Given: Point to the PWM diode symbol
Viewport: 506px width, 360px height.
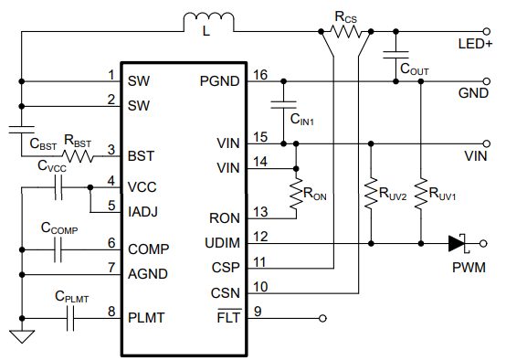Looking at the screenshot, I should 458,243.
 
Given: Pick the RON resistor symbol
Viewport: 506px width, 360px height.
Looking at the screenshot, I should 296,194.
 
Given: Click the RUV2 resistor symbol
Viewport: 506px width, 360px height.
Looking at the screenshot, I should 371,193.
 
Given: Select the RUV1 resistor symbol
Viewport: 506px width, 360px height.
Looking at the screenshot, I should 420,193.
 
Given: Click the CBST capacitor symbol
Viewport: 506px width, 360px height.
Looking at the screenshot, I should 21,130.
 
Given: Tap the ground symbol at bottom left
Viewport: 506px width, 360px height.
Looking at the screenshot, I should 21,335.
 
